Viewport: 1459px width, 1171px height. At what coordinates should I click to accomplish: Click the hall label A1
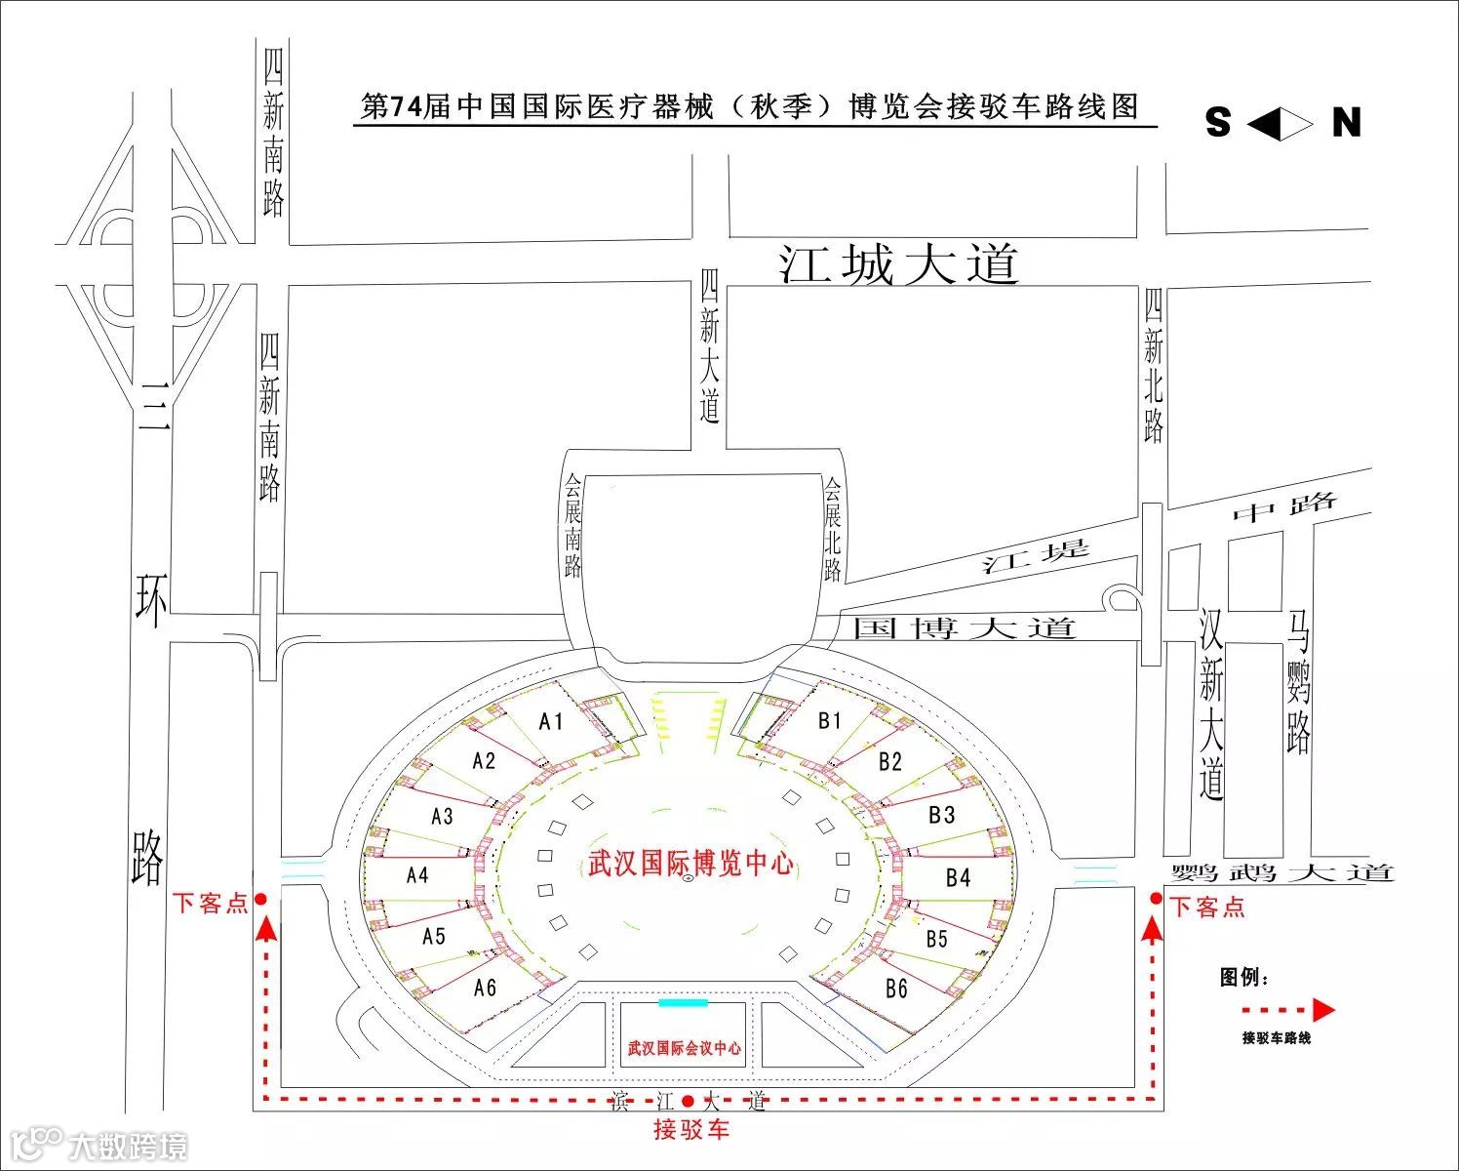(x=551, y=721)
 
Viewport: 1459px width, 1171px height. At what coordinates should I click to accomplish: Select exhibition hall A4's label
(x=417, y=875)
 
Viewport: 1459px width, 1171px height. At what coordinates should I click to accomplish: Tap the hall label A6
(x=485, y=988)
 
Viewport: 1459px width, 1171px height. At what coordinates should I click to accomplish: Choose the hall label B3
(x=941, y=815)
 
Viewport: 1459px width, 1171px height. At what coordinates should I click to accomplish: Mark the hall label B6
(x=896, y=989)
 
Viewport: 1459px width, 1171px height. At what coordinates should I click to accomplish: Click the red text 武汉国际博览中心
(x=690, y=864)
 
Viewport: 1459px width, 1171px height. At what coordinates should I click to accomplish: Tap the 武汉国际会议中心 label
(x=684, y=1048)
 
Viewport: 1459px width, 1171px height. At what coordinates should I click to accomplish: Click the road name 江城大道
(x=898, y=265)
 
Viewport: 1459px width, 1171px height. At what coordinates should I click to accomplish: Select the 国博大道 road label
(x=964, y=627)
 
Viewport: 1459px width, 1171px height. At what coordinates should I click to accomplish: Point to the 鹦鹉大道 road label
(x=1282, y=872)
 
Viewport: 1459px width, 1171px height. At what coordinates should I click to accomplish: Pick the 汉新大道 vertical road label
(x=1211, y=705)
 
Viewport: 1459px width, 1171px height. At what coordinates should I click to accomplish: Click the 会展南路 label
(x=573, y=526)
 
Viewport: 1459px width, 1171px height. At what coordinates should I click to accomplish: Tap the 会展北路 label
(x=832, y=529)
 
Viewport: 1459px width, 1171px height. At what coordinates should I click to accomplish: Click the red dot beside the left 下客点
(x=260, y=900)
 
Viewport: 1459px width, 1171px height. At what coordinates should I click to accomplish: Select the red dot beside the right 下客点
(x=1156, y=899)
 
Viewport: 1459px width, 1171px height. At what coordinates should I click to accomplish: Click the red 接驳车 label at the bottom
(x=690, y=1130)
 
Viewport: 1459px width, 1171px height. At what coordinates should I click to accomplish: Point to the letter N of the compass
(x=1347, y=123)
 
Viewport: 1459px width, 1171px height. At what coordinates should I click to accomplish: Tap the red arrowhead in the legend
(x=1322, y=1010)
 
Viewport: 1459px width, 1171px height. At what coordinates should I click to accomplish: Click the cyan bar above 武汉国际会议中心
(x=683, y=1002)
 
